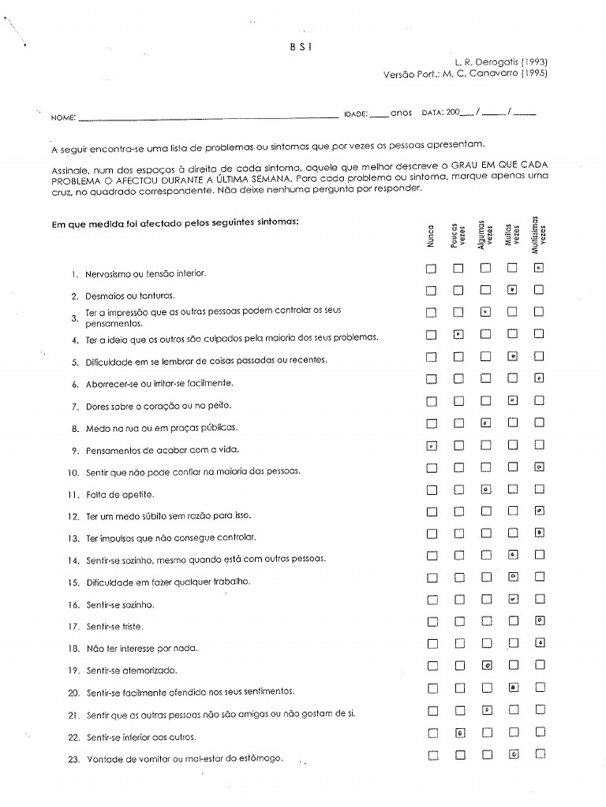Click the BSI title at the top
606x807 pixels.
click(x=302, y=46)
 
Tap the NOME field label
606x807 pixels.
click(x=63, y=117)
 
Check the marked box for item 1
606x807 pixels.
click(x=539, y=268)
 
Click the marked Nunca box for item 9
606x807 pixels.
click(x=431, y=445)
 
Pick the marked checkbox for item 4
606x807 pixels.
click(x=458, y=334)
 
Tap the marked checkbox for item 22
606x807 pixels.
click(x=458, y=733)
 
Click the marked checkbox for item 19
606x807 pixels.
click(x=487, y=666)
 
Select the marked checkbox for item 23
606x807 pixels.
click(x=513, y=754)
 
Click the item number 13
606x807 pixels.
click(x=73, y=538)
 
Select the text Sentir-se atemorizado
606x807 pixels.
click(x=131, y=671)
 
